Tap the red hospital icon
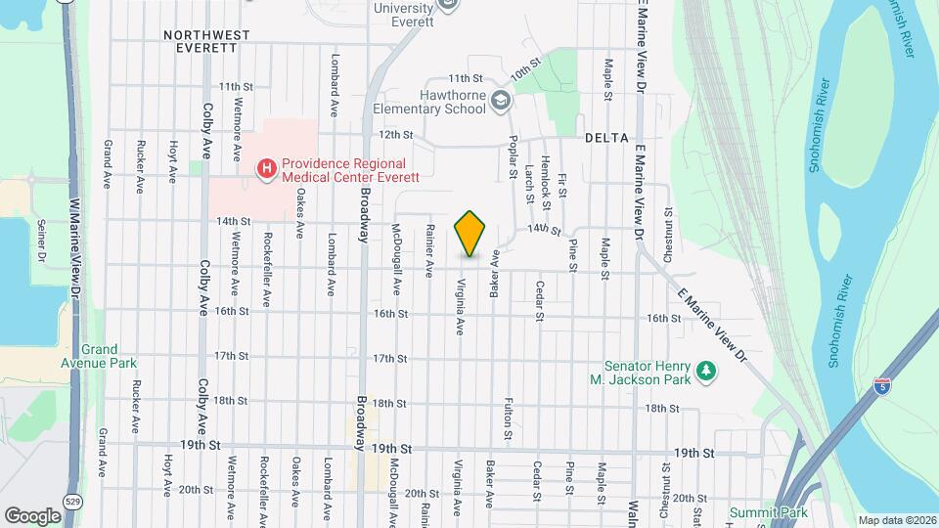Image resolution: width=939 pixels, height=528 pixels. click(x=264, y=169)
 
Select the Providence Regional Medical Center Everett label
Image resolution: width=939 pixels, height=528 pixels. click(x=349, y=170)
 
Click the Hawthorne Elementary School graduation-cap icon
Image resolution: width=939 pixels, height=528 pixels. click(x=500, y=101)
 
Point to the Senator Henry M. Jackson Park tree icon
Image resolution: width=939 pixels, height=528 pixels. click(x=705, y=372)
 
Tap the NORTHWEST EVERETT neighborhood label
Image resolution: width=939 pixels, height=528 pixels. click(x=206, y=41)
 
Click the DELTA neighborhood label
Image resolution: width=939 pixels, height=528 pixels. click(x=606, y=138)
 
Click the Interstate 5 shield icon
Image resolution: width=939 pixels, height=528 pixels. click(x=883, y=385)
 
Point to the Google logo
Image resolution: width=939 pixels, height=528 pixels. click(x=32, y=515)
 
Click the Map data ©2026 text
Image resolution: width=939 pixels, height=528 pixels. click(x=896, y=520)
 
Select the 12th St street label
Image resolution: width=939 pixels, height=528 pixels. click(x=396, y=134)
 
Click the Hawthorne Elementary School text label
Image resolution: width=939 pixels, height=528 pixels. click(x=452, y=102)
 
